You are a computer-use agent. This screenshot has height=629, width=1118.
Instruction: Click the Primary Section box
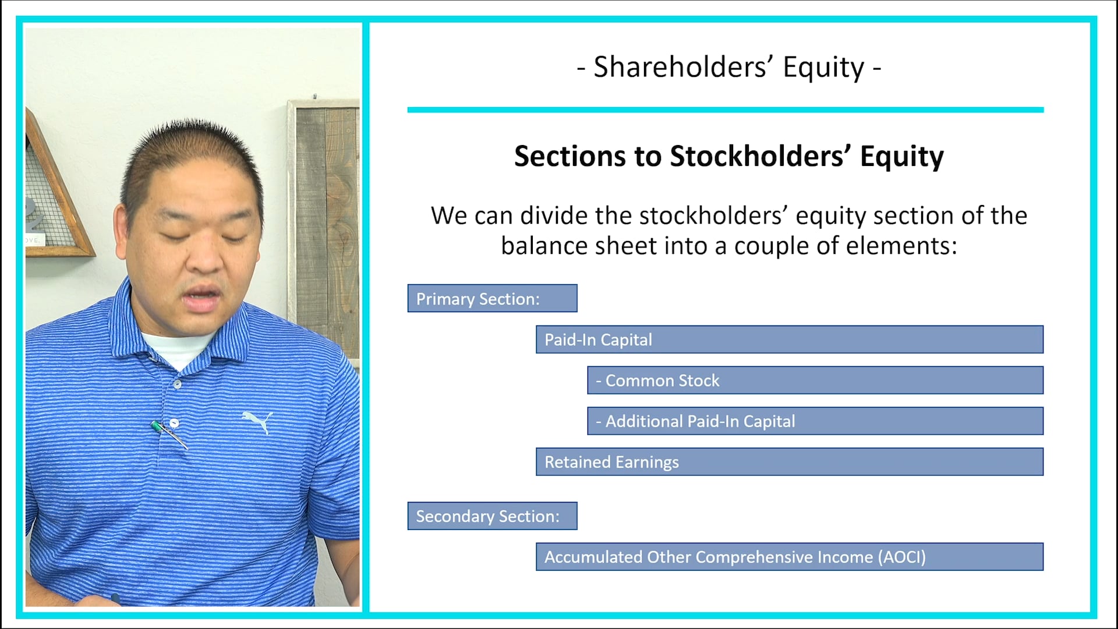coord(492,298)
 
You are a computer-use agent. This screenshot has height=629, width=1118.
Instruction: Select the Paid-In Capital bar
coord(789,340)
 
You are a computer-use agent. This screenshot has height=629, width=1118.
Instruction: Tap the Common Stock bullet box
coord(815,380)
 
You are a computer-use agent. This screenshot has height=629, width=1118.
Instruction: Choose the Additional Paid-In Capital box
coord(815,421)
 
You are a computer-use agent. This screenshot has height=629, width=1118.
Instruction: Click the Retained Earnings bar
coord(789,462)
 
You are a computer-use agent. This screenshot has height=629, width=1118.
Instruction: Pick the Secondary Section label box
coord(492,516)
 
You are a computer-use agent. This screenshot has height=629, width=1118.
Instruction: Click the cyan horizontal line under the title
coord(725,109)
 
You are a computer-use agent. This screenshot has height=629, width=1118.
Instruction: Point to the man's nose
coord(205,259)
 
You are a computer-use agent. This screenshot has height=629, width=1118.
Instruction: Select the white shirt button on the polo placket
coord(177,384)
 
